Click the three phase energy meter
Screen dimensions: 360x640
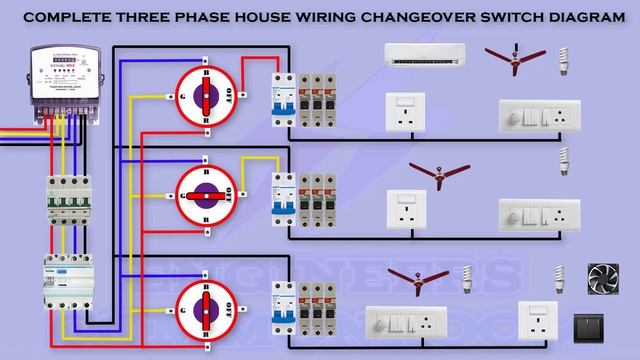click(63, 81)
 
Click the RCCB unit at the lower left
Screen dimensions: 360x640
click(64, 285)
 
